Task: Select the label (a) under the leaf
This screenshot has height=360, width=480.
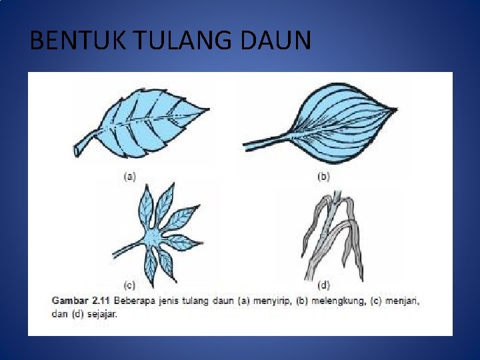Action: pyautogui.click(x=130, y=177)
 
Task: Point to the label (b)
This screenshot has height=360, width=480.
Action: pyautogui.click(x=323, y=177)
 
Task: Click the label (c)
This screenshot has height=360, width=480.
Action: pyautogui.click(x=130, y=285)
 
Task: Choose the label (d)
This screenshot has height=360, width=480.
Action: pyautogui.click(x=323, y=285)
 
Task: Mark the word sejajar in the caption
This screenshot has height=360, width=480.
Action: pyautogui.click(x=101, y=314)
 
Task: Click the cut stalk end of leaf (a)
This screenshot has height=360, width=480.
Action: pyautogui.click(x=77, y=153)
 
